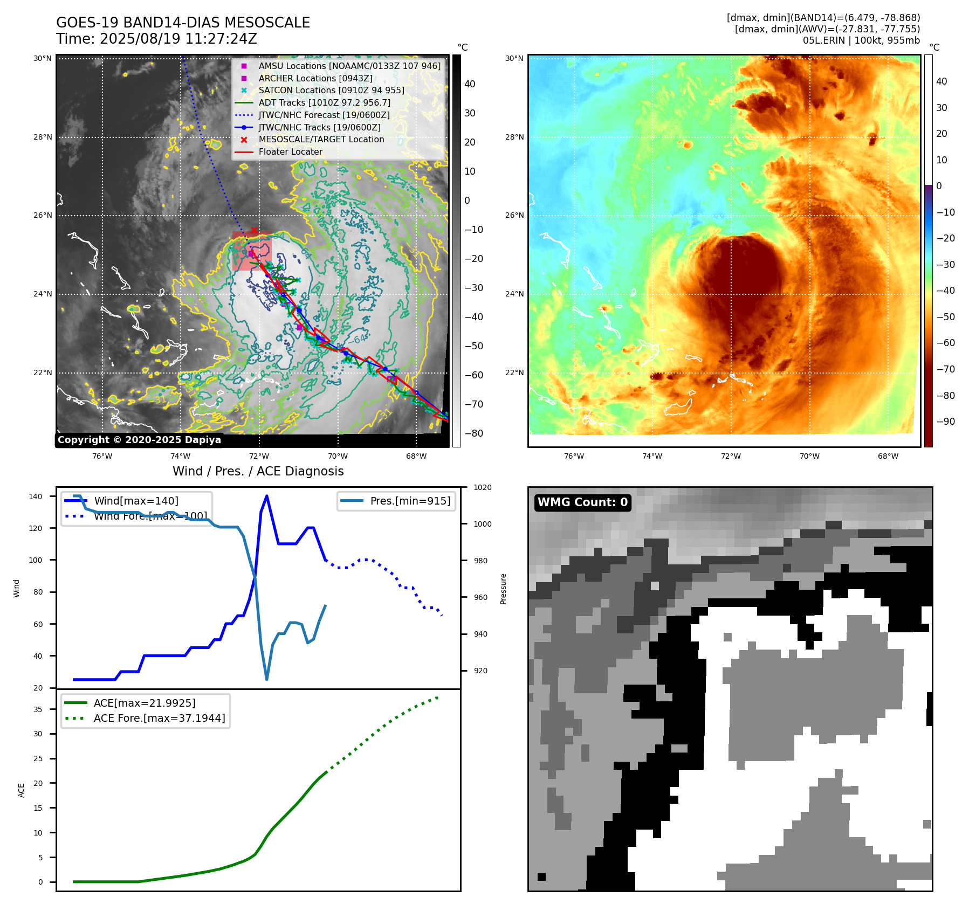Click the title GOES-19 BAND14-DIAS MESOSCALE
click(x=183, y=23)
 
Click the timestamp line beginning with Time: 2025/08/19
click(x=156, y=39)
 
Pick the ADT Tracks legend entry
click(x=324, y=102)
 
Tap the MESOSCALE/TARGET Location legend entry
click(x=321, y=139)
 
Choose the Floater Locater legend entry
click(x=290, y=151)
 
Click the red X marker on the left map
click(x=255, y=230)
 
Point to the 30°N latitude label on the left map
click(x=43, y=58)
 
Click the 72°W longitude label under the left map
click(x=259, y=456)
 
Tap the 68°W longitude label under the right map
click(x=888, y=456)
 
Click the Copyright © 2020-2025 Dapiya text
click(x=139, y=440)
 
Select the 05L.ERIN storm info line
click(x=861, y=40)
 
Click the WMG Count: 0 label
click(x=582, y=502)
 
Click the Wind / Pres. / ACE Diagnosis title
click(x=258, y=471)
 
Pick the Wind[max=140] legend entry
click(x=136, y=501)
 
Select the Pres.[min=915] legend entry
click(x=410, y=501)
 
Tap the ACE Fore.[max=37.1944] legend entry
click(x=159, y=718)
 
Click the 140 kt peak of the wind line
click(x=267, y=496)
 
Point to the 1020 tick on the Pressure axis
click(x=482, y=487)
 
